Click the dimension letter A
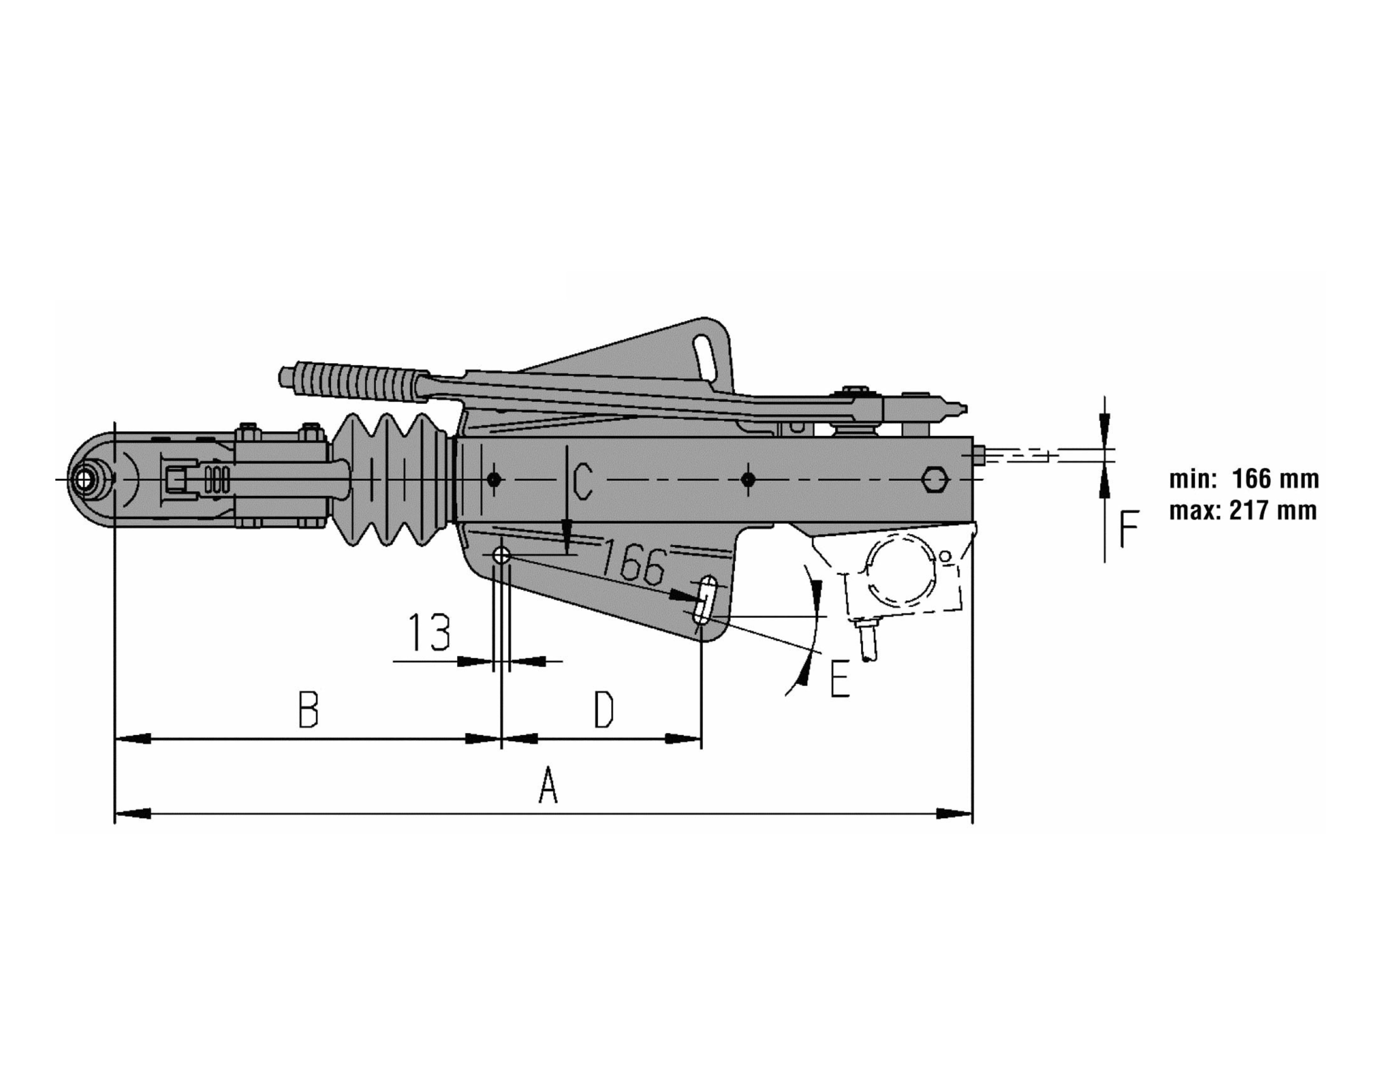tap(548, 785)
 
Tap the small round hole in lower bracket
tap(502, 555)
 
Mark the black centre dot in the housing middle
tap(748, 480)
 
